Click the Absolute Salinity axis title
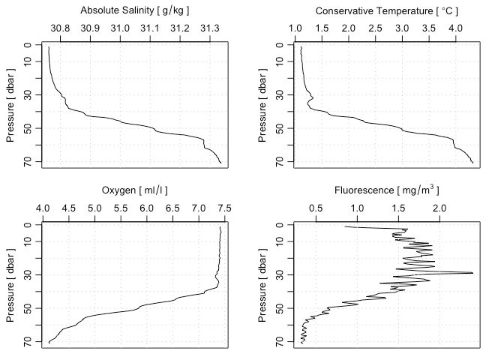pos(134,11)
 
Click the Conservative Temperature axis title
pos(387,11)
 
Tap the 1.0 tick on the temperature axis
pos(295,28)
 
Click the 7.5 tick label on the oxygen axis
pos(224,208)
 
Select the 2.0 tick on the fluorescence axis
pos(439,208)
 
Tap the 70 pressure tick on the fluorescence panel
pos(279,341)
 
